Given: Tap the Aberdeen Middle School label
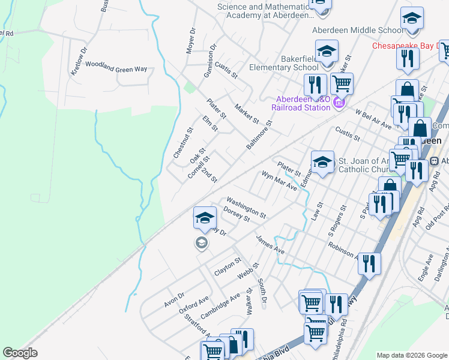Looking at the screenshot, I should coord(358,30).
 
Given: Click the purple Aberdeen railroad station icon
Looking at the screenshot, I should coord(339,103).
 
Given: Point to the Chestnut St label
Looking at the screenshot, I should coord(183,143).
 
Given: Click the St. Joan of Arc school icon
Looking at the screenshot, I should coord(322,163).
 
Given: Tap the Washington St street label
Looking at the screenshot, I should coord(246,207).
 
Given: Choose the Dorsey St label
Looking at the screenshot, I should coord(236,214).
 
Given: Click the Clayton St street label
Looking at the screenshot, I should coord(228,267).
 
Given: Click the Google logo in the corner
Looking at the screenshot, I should coord(20,353).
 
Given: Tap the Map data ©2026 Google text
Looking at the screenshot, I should coord(411,355).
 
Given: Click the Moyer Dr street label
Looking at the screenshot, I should coord(191,40).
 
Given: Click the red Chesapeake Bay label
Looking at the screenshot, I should coord(409,46).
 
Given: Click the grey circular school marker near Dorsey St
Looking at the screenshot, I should coord(201,242).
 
